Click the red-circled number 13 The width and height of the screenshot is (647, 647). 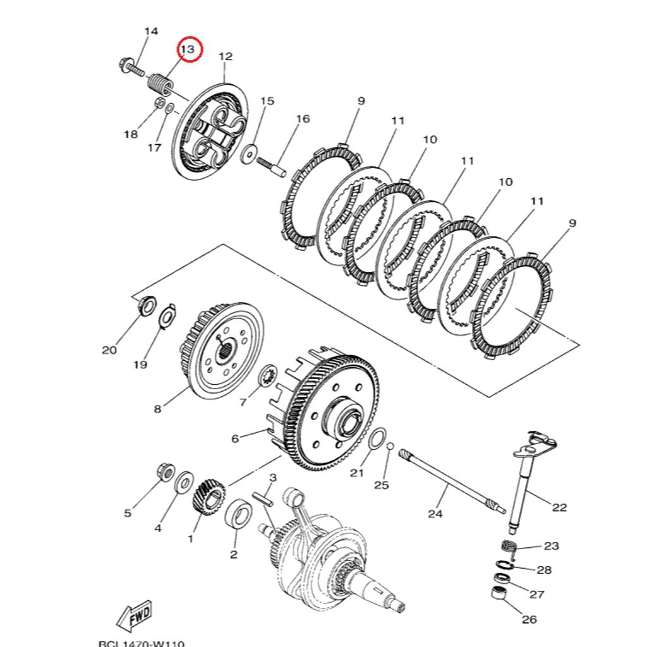pyautogui.click(x=189, y=49)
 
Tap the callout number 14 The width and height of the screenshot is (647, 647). pyautogui.click(x=151, y=31)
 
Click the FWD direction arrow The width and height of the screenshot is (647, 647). pyautogui.click(x=134, y=617)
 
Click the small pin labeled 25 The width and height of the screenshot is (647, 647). pyautogui.click(x=390, y=446)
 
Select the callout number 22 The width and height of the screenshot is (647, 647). pyautogui.click(x=559, y=507)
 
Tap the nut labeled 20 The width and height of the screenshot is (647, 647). pyautogui.click(x=147, y=306)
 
